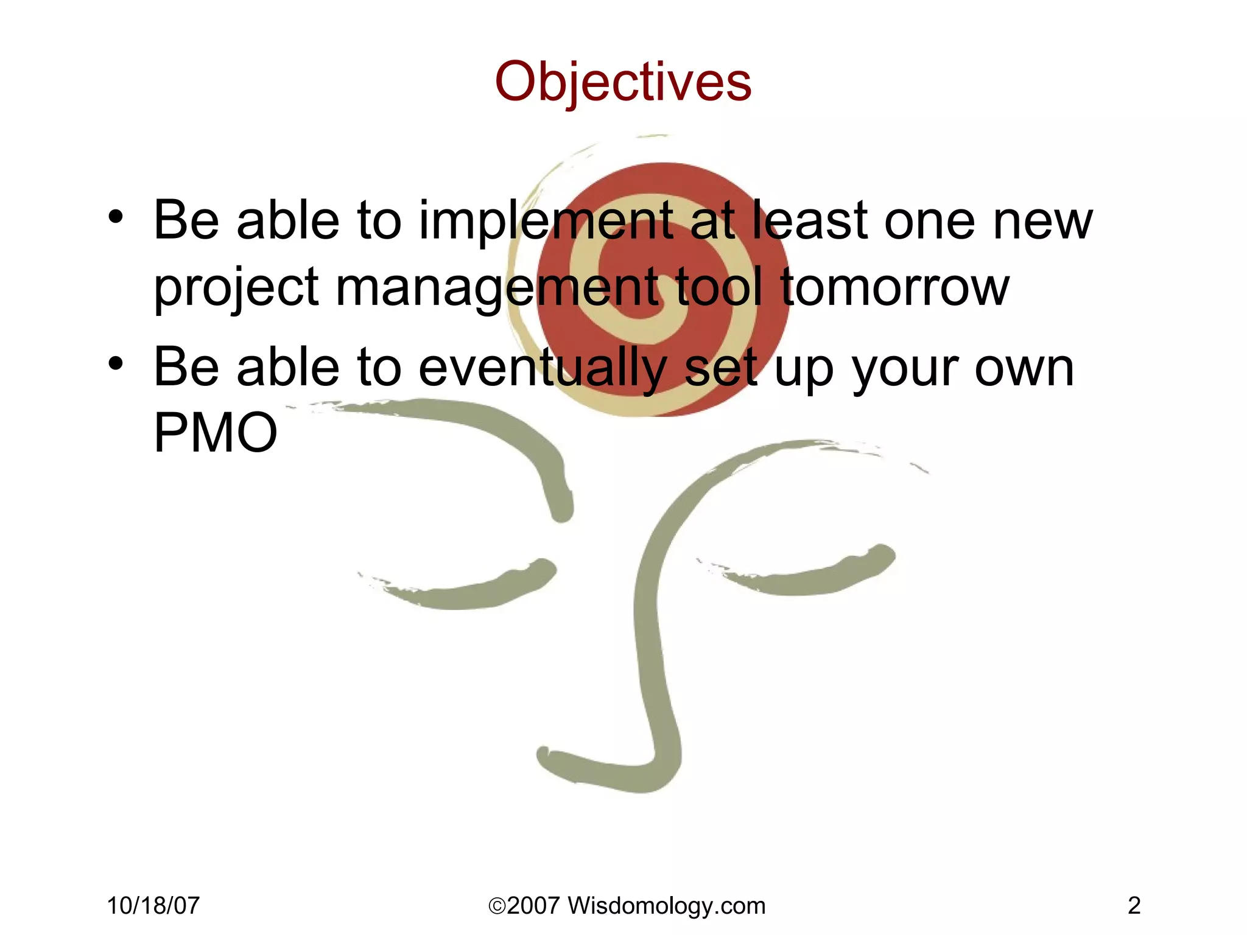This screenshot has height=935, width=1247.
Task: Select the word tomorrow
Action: point(895,287)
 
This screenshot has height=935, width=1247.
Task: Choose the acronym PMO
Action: point(216,433)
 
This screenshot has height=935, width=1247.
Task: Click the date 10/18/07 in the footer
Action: point(153,906)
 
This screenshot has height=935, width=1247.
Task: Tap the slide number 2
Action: point(1134,906)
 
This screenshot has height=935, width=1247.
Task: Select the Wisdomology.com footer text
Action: point(666,906)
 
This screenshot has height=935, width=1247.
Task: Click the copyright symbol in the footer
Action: point(497,906)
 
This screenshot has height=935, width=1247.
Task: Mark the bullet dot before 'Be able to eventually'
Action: point(116,364)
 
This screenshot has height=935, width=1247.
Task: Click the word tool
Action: point(719,287)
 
